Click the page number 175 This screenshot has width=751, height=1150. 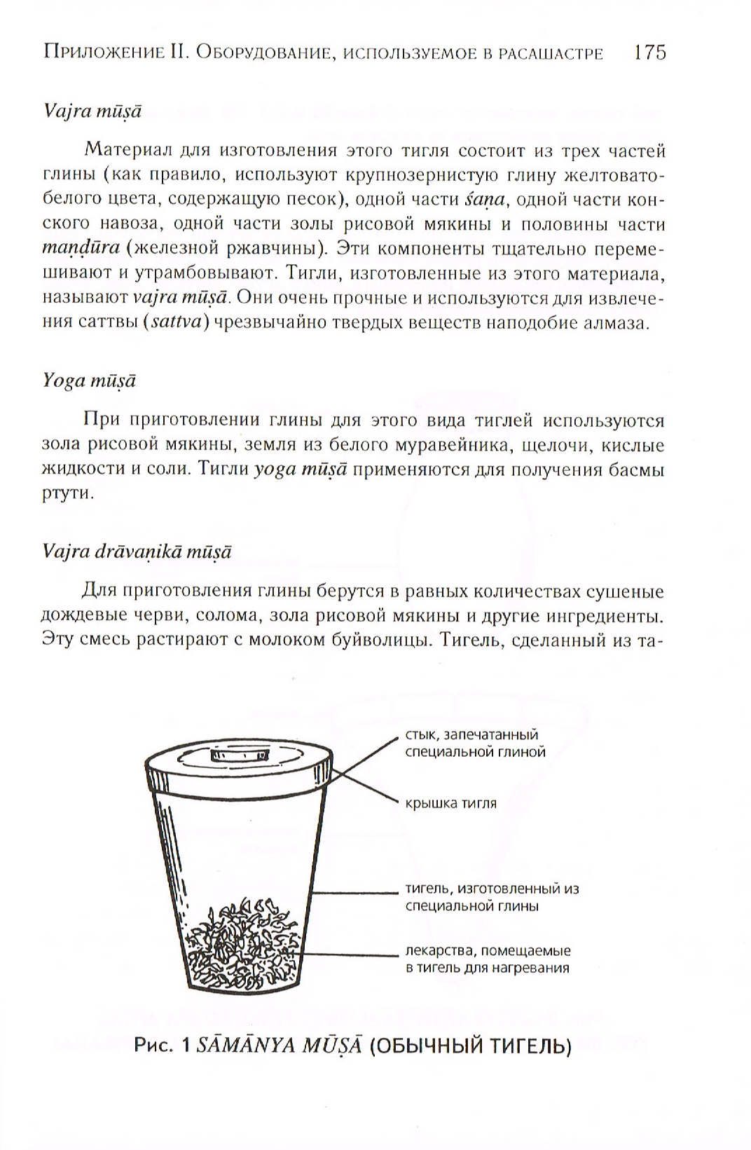pos(649,53)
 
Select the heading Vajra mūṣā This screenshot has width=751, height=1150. pos(92,111)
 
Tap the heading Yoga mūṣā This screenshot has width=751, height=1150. pos(89,381)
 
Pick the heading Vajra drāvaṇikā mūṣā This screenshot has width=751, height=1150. pos(137,552)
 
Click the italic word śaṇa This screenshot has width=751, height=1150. pos(484,200)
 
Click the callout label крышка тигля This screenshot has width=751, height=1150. pos(450,803)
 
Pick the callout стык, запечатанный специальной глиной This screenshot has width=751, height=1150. pos(475,743)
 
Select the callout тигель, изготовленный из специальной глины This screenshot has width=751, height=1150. pos(492,897)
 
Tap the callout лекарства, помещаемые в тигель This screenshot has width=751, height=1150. pos(488,959)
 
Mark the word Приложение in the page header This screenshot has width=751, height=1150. pos(102,53)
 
